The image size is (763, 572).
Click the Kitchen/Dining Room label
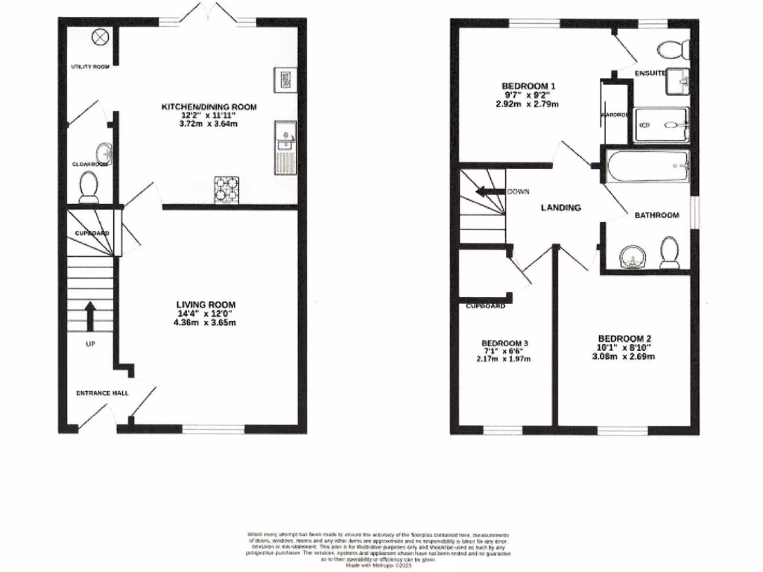click(209, 107)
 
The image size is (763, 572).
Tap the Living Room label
click(206, 305)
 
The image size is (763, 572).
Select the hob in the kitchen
click(227, 189)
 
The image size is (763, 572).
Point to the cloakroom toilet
click(89, 187)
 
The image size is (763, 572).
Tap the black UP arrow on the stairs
click(90, 316)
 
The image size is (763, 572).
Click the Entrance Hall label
click(102, 393)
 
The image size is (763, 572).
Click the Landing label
click(560, 208)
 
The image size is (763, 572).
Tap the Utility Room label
click(90, 67)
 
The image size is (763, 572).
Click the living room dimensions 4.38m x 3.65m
click(206, 323)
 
